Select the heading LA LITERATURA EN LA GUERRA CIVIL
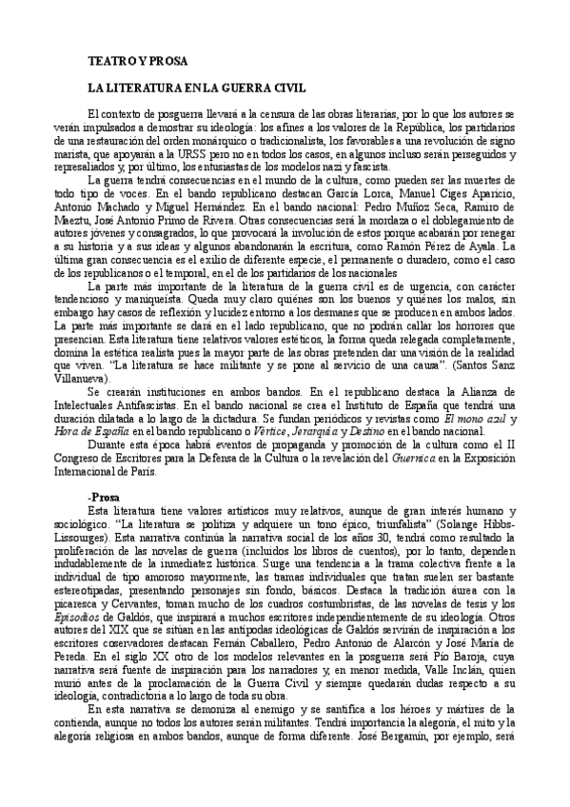pos(196,89)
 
